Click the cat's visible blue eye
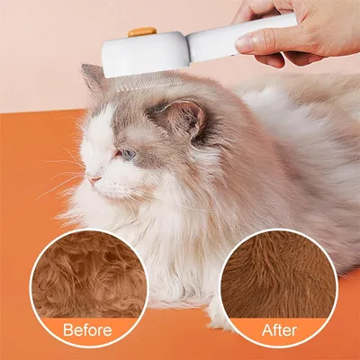pyautogui.click(x=129, y=154)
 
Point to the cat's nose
pyautogui.click(x=93, y=179)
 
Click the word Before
pyautogui.click(x=87, y=329)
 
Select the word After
pyautogui.click(x=278, y=329)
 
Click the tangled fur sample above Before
pyautogui.click(x=88, y=274)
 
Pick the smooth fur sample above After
pyautogui.click(x=278, y=274)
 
